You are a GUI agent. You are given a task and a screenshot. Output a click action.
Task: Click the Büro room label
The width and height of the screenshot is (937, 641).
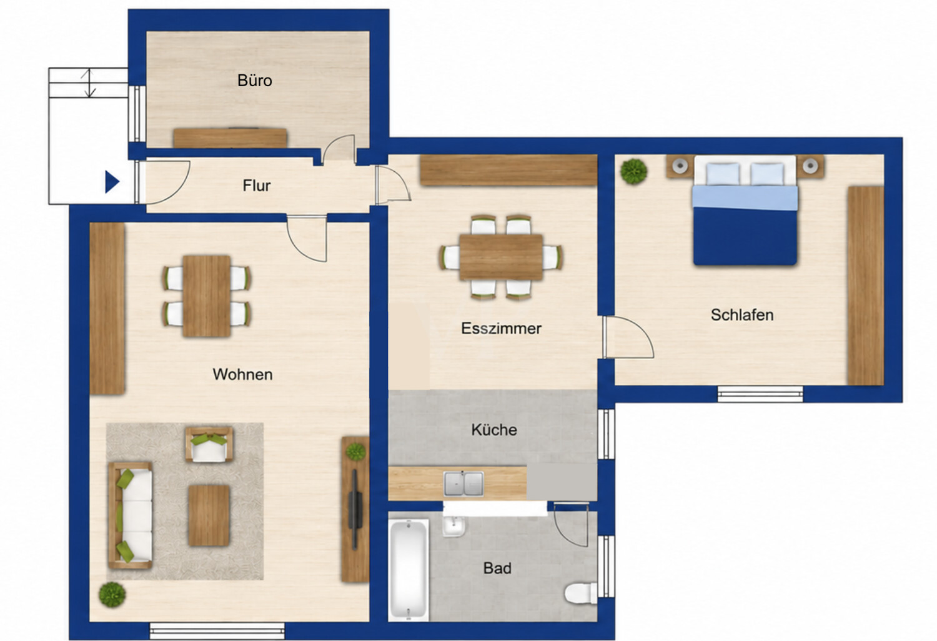255,81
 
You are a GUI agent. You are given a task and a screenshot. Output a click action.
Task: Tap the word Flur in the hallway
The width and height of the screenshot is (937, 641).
256,186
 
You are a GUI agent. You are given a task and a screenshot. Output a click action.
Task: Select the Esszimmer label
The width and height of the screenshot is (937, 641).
501,329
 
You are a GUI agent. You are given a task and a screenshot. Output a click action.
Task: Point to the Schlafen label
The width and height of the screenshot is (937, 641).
742,315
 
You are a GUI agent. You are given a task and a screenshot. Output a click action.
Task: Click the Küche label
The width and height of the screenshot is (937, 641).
494,430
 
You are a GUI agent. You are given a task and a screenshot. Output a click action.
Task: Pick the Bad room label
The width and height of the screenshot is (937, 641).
497,568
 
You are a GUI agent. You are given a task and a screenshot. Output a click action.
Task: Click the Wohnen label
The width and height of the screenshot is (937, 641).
242,374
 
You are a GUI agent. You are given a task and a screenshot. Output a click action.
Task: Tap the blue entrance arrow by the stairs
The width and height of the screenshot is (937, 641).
111,182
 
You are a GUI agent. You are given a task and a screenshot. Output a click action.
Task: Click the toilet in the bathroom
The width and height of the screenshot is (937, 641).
580,592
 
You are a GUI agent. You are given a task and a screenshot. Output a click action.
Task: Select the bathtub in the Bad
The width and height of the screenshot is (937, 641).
409,570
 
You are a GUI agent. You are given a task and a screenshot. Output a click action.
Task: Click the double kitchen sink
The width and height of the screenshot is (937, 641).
464,484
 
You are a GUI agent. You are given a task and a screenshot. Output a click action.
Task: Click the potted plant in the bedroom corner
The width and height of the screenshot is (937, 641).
634,172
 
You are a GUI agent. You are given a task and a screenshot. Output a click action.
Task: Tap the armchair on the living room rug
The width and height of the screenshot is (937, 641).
209,444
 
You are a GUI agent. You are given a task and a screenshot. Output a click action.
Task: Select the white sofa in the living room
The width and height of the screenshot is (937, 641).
130,515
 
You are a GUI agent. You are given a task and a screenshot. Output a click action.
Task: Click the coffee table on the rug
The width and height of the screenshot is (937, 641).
209,515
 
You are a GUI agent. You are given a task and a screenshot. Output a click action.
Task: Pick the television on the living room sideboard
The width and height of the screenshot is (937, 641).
355,509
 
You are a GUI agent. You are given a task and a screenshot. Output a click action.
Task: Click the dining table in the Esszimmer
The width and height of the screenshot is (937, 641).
501,257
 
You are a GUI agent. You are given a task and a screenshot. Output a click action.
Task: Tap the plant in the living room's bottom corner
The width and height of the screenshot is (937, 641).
112,595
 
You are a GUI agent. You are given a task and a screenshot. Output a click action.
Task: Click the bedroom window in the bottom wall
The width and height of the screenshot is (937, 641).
760,394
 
